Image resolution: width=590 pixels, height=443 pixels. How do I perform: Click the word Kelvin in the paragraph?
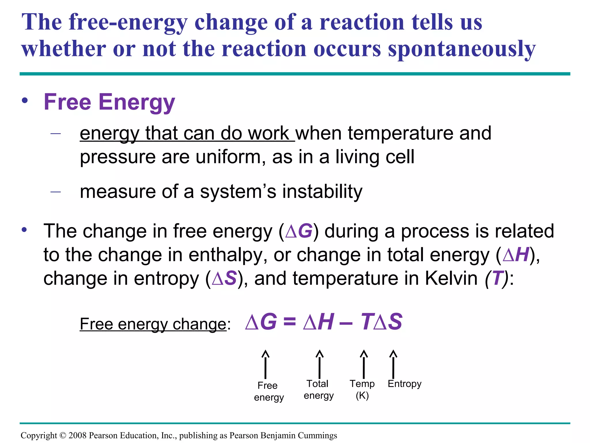pyautogui.click(x=451, y=279)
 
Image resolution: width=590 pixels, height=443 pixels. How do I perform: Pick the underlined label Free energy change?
pyautogui.click(x=153, y=324)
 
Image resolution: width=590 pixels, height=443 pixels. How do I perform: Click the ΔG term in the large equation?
pyautogui.click(x=261, y=322)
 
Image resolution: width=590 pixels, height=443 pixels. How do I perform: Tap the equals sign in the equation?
pyautogui.click(x=290, y=322)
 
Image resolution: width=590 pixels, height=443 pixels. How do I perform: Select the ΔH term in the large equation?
pyautogui.click(x=318, y=322)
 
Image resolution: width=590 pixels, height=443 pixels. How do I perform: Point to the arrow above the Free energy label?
pyautogui.click(x=265, y=364)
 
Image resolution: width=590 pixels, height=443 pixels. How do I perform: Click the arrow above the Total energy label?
pyautogui.click(x=319, y=364)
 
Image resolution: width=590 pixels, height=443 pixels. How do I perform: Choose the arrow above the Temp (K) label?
pyautogui.click(x=364, y=364)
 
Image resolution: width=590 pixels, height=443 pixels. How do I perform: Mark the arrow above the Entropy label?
pyautogui.click(x=393, y=364)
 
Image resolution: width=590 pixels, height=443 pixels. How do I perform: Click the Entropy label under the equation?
pyautogui.click(x=404, y=384)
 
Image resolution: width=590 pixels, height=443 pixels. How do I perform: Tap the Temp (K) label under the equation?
pyautogui.click(x=362, y=389)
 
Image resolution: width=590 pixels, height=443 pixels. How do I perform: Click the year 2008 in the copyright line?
pyautogui.click(x=77, y=435)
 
